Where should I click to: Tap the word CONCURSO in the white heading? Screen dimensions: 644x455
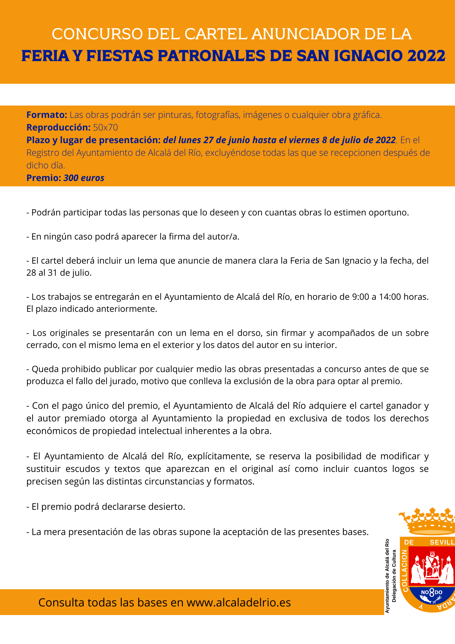click(97, 34)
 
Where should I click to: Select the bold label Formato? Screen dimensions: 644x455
click(47, 115)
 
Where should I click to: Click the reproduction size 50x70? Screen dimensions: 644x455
click(106, 127)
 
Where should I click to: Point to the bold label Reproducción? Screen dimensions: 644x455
click(58, 127)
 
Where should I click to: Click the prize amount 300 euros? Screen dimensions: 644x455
click(84, 178)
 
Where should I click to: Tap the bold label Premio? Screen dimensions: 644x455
click(44, 178)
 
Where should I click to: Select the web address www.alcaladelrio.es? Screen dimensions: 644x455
click(239, 602)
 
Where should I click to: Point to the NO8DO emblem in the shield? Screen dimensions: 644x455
click(431, 592)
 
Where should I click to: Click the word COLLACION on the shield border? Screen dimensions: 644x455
click(405, 571)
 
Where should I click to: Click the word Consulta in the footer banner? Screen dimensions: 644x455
click(58, 602)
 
